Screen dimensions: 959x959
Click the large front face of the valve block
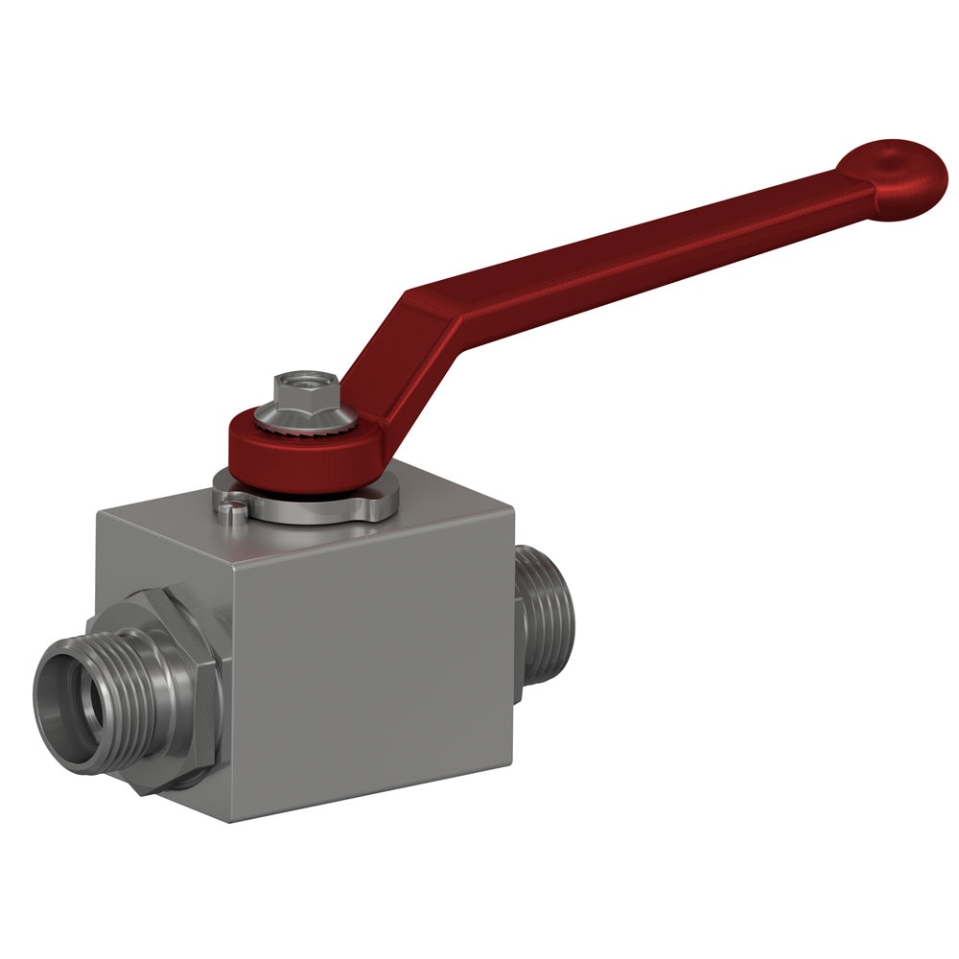[374, 662]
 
